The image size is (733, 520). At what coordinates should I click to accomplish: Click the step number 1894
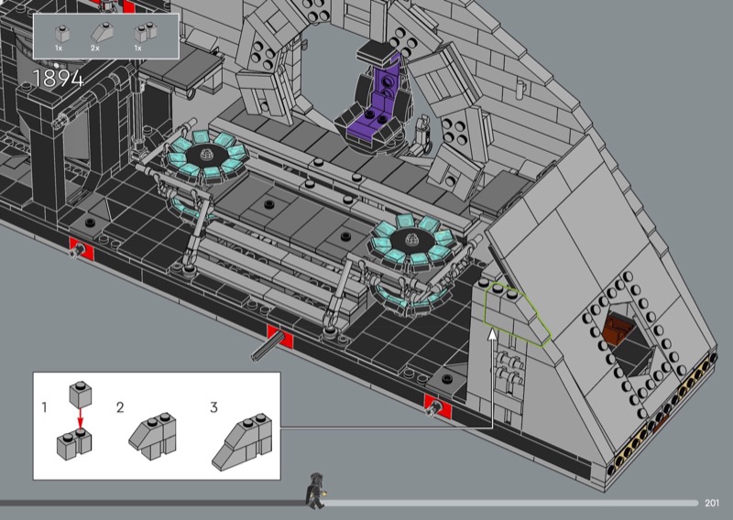click(x=58, y=79)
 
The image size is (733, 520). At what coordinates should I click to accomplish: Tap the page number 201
click(x=712, y=503)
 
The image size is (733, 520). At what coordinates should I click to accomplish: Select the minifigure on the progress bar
click(x=315, y=491)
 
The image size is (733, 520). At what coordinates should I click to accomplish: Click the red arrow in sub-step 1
click(x=81, y=417)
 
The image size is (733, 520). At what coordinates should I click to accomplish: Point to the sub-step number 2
click(x=120, y=407)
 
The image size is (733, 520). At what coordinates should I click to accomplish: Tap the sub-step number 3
click(x=213, y=407)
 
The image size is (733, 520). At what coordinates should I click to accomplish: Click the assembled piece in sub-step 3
click(x=242, y=441)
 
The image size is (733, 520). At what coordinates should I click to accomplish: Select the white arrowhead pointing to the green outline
click(x=492, y=334)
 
